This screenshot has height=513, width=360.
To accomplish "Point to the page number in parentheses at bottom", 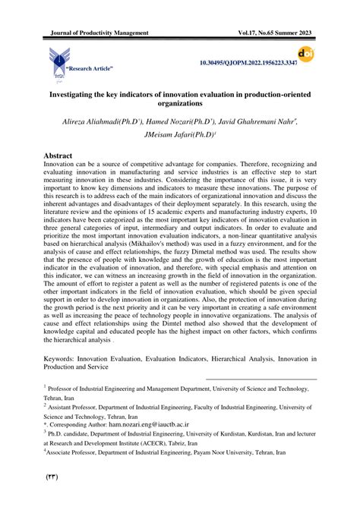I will click(x=54, y=477).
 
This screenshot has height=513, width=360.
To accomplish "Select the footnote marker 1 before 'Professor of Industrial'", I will click(x=46, y=386).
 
